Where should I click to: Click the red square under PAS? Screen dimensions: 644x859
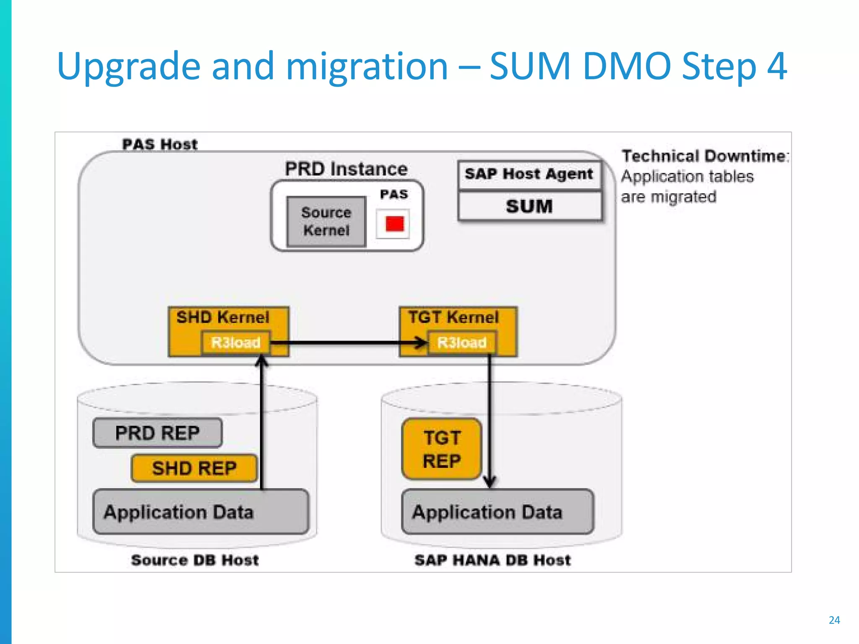(x=394, y=224)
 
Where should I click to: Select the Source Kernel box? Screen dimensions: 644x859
(x=326, y=221)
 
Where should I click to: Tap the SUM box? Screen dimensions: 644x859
(x=529, y=206)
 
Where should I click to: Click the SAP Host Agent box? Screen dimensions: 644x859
(x=529, y=174)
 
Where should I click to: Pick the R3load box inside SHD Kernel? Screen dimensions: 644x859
(x=236, y=343)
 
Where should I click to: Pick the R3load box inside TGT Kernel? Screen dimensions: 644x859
(x=462, y=343)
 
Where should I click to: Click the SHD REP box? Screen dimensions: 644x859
(x=194, y=468)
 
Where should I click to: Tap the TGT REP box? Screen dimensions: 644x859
(x=442, y=449)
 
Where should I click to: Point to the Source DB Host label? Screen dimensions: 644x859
(x=195, y=560)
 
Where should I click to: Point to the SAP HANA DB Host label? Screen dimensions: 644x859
(x=492, y=560)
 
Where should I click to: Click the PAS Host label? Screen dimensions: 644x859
(x=159, y=144)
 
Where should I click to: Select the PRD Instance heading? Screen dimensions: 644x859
(x=346, y=169)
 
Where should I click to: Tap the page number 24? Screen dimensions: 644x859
(x=834, y=620)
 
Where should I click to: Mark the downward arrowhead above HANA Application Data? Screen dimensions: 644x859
(x=490, y=482)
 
